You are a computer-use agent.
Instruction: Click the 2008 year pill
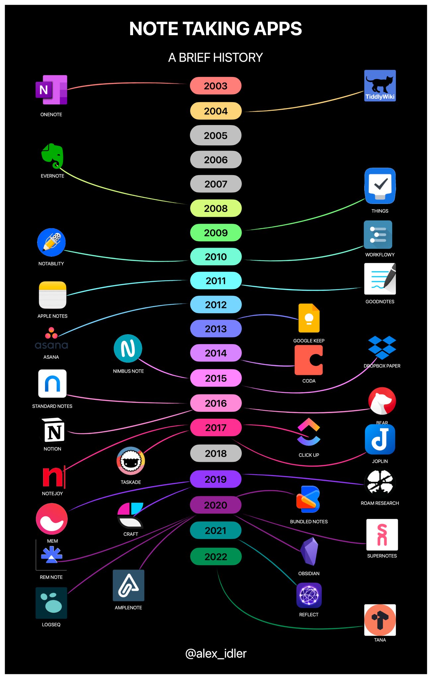tap(216, 208)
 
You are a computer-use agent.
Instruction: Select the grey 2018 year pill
tap(216, 453)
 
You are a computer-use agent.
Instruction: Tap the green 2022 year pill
tap(216, 556)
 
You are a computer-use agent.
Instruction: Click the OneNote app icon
tap(51, 90)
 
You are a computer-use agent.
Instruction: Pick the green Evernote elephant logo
tap(52, 155)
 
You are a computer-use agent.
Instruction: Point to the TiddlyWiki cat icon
tap(380, 86)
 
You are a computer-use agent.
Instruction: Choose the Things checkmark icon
tap(380, 186)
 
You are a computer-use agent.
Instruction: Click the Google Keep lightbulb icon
tap(309, 318)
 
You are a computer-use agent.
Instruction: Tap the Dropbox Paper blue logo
tap(382, 347)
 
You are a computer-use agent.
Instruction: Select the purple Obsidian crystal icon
tap(310, 551)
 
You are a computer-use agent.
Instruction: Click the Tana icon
tap(380, 620)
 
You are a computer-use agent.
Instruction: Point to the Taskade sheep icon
tap(131, 461)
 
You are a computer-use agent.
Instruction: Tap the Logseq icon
tap(51, 603)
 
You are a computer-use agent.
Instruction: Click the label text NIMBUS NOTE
tap(128, 371)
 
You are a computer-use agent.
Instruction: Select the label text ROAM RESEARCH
tap(380, 503)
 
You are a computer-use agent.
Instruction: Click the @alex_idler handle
tap(216, 653)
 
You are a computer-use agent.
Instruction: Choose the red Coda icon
tap(309, 360)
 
